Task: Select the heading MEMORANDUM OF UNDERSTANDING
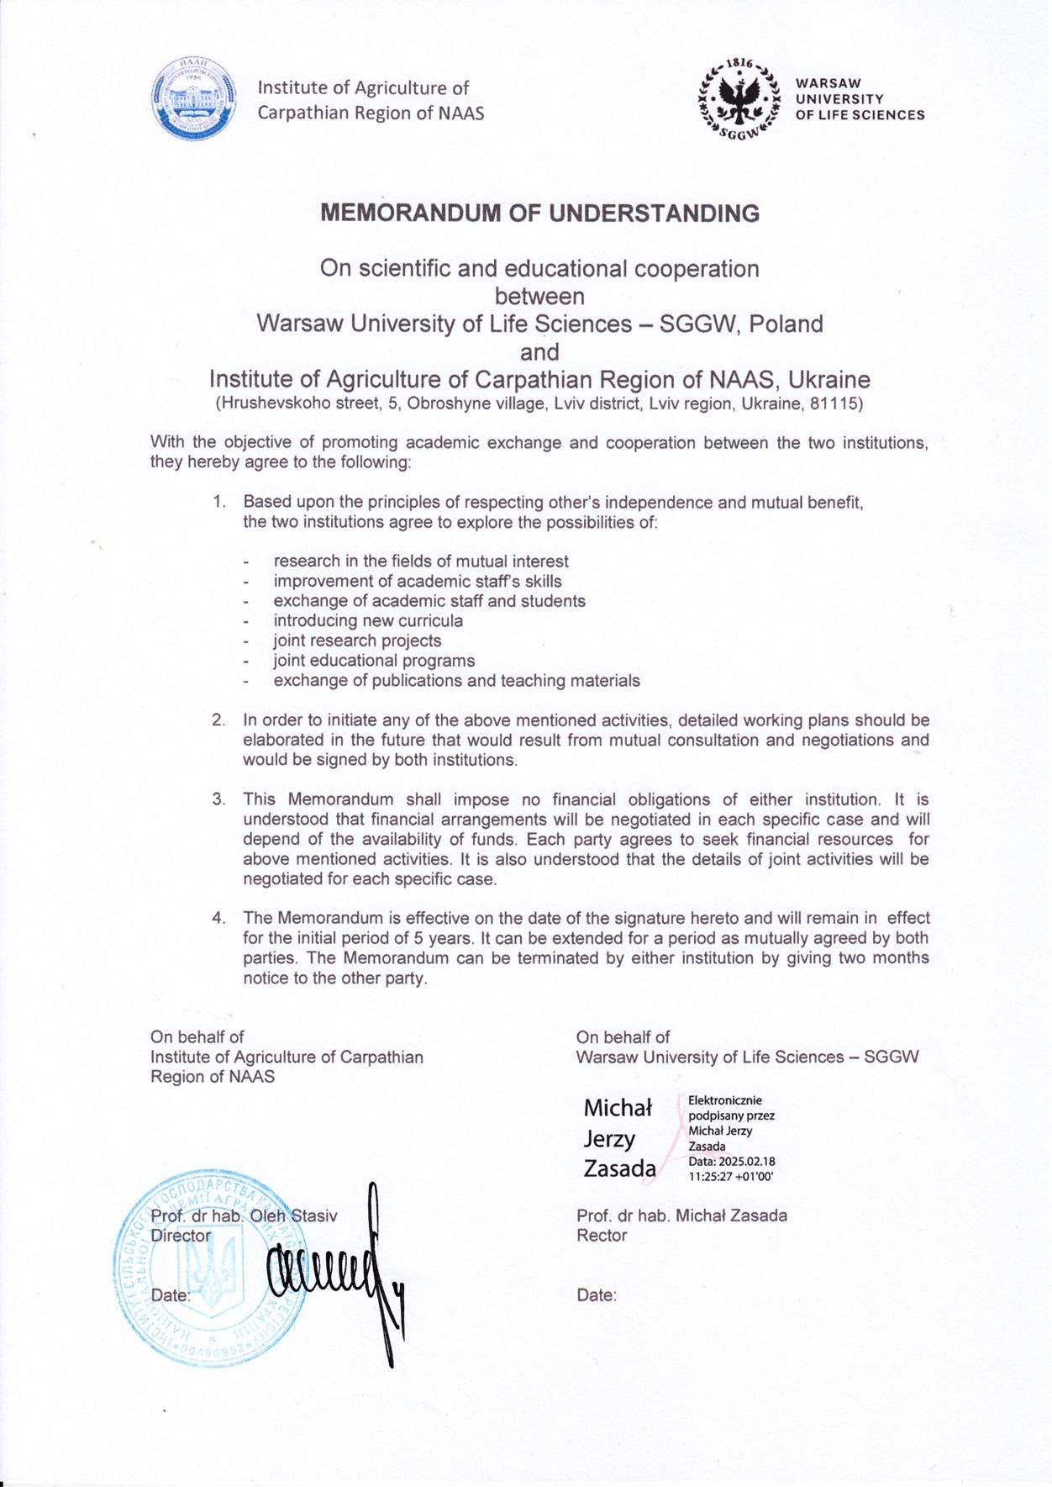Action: click(539, 214)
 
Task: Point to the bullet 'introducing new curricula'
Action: click(368, 621)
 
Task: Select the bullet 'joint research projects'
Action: click(357, 641)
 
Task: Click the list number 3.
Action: click(218, 799)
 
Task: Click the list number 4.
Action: click(218, 918)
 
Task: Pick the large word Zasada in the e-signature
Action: click(619, 1168)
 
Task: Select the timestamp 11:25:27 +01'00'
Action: click(730, 1176)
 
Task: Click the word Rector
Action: click(602, 1236)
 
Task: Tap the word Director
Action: click(181, 1236)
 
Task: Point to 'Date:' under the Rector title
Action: click(597, 1295)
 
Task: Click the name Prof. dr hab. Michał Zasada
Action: click(681, 1215)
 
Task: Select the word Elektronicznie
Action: click(724, 1100)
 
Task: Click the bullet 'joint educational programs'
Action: click(374, 661)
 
